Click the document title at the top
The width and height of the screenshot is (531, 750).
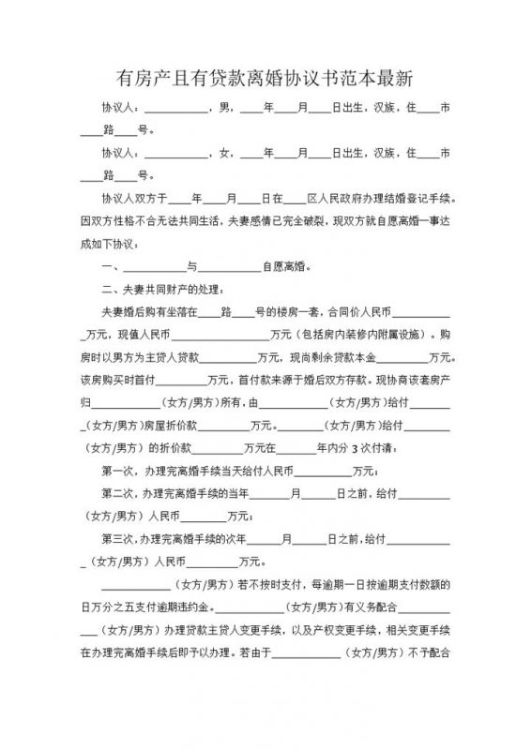click(x=265, y=76)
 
